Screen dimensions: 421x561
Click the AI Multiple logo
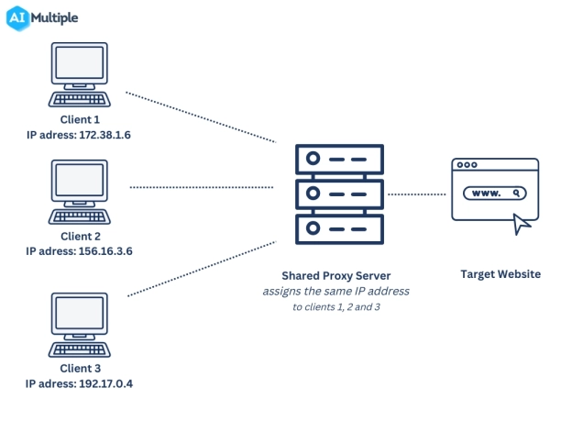point(45,18)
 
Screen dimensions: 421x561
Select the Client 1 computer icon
point(80,78)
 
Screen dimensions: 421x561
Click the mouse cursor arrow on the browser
point(522,223)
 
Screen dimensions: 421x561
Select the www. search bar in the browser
point(495,194)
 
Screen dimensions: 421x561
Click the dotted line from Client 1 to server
point(201,117)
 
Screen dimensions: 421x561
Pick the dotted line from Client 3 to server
point(201,269)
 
